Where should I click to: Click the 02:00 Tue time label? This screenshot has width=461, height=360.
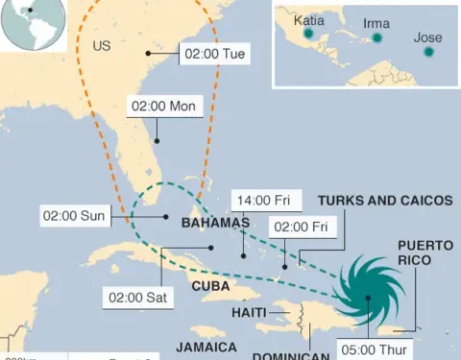pos(216,54)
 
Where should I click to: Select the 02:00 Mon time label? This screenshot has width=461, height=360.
pos(163,106)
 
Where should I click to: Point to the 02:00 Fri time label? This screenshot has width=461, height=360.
pos(302,227)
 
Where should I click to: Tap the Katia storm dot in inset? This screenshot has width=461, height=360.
pos(308,34)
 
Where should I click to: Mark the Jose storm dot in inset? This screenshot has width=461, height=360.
pos(427,53)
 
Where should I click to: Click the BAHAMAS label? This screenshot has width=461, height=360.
pos(215,223)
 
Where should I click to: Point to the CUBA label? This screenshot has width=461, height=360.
pos(210,285)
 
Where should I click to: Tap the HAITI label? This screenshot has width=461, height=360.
pos(249,312)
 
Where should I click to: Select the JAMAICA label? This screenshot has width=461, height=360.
pos(206,346)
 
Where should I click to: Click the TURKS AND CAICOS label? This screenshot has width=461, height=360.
pos(384,201)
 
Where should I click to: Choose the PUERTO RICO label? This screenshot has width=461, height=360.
pos(425,252)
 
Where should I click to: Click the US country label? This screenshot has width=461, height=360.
pos(102,45)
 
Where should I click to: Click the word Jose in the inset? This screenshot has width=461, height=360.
pos(427,37)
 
